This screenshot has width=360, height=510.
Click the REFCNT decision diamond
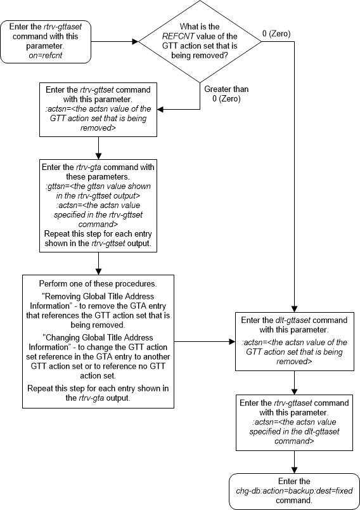click(x=200, y=43)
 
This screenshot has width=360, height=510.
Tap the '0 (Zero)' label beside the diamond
click(x=276, y=33)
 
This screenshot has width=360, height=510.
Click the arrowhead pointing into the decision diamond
click(x=134, y=43)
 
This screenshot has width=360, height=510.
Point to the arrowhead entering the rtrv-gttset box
click(x=161, y=109)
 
